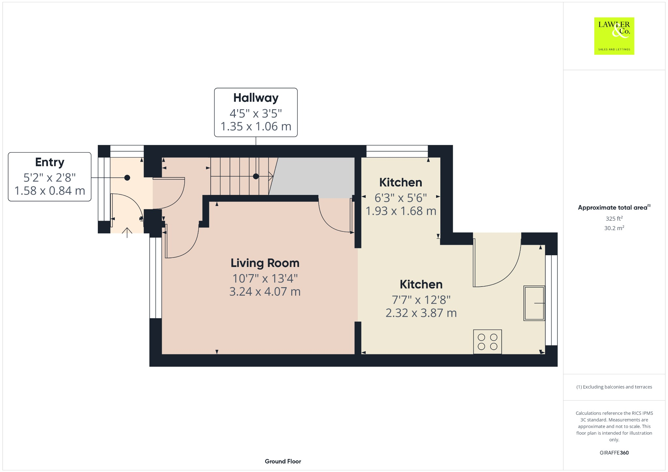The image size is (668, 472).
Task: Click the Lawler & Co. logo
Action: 614,36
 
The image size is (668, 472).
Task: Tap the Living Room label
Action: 265,263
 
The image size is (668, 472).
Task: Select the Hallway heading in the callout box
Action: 256,98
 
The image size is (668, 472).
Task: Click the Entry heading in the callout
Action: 50,162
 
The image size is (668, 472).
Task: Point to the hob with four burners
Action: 487,342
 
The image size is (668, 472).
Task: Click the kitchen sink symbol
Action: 534,303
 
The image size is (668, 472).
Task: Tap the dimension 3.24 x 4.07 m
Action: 265,291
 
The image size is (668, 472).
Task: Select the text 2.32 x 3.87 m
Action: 421,313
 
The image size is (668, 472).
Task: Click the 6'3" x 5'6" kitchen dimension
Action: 401,198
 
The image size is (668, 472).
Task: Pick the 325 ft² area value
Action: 614,218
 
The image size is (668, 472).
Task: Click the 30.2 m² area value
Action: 614,228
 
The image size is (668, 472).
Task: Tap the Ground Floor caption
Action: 283,461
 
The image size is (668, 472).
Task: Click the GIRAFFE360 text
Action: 614,452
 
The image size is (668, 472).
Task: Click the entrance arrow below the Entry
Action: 127,232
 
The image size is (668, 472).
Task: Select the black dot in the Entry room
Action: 127,178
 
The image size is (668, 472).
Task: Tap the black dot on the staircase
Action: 256,176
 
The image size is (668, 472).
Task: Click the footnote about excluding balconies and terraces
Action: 614,387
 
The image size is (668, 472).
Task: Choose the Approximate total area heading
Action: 612,208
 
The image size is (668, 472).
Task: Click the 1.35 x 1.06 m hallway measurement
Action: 256,126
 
